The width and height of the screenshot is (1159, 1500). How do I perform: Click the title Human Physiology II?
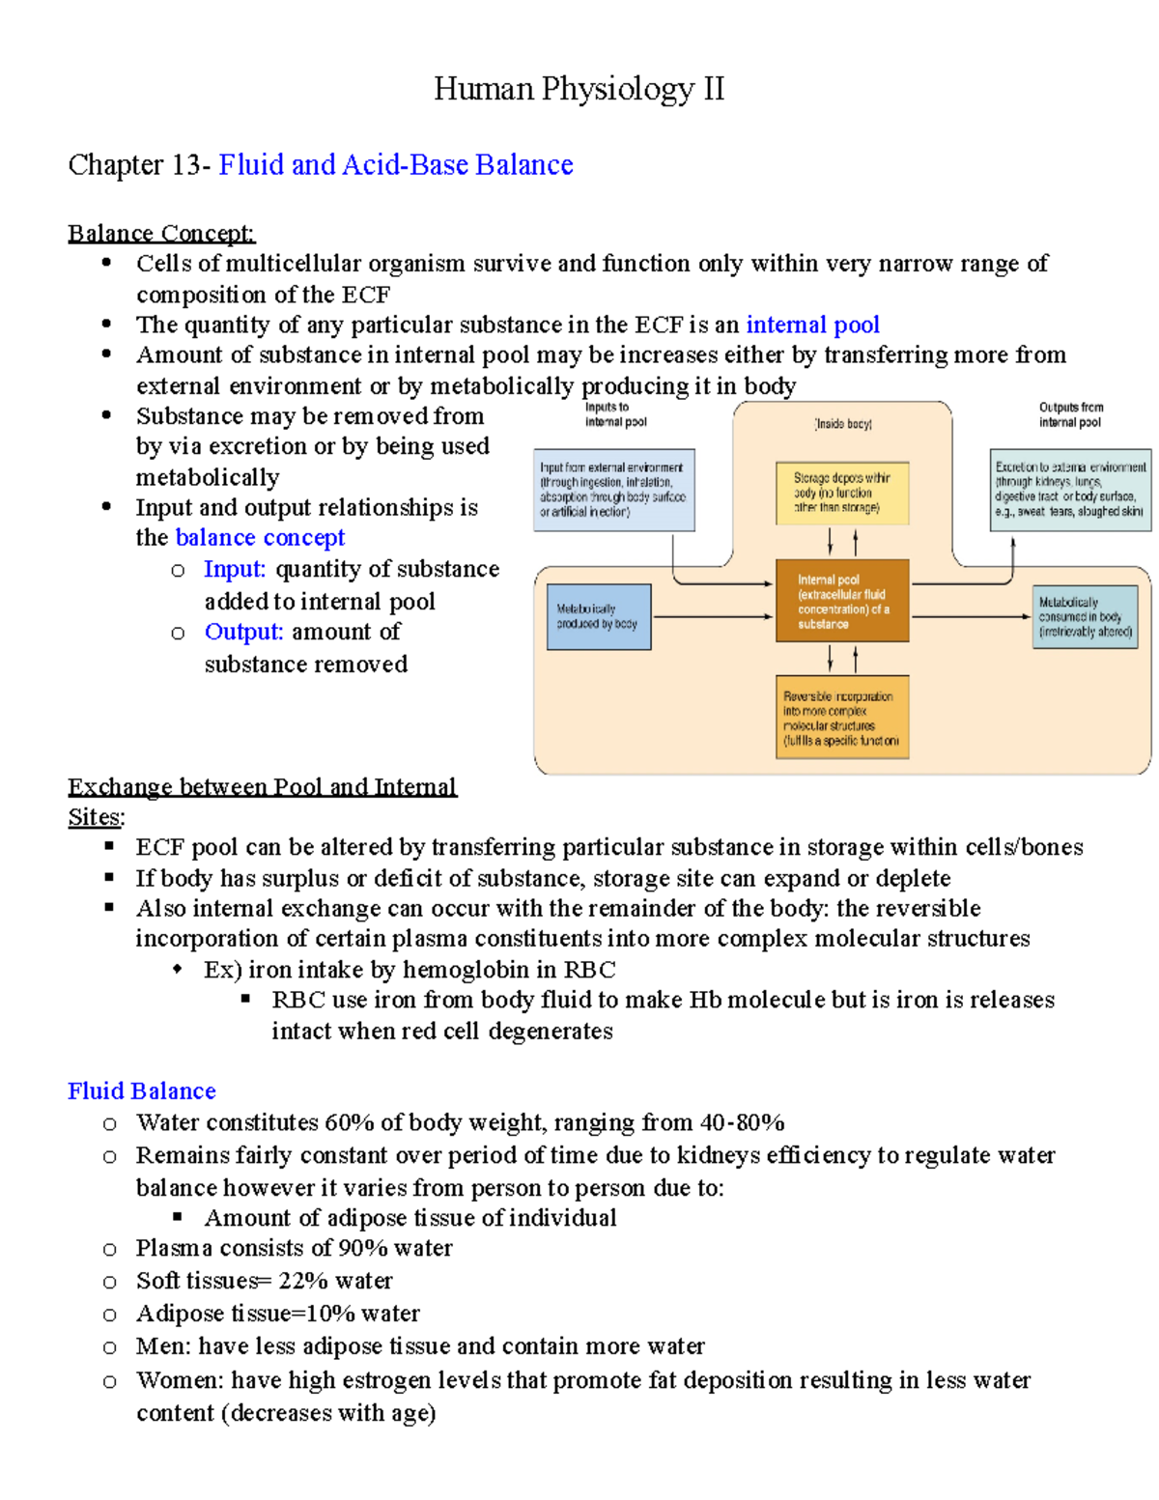pos(579,89)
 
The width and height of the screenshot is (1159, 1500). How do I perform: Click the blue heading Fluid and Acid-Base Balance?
pos(396,165)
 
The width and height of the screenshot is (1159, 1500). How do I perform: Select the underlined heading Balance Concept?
pos(161,234)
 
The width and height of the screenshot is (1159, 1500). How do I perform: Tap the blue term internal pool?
pos(812,325)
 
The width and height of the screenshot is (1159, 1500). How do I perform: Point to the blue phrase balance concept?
pos(260,538)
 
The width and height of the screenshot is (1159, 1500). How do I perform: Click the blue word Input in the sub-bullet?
pos(234,570)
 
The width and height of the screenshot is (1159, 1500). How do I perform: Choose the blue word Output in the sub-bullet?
pos(243,633)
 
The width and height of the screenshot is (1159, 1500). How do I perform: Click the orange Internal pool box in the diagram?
pos(842,601)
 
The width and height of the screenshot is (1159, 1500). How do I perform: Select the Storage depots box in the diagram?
pos(842,493)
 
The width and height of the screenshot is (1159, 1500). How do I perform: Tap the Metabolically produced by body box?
pos(599,616)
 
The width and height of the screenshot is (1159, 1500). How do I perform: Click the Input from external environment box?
pos(613,490)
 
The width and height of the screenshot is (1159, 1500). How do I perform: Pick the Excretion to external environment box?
pos(1070,489)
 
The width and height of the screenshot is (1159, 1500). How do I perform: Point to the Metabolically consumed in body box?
pos(1085,616)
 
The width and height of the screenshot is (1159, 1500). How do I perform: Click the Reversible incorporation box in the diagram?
pos(842,718)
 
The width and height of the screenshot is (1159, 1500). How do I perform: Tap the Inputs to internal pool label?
pos(615,414)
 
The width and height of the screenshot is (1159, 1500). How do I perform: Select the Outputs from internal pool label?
pos(1070,414)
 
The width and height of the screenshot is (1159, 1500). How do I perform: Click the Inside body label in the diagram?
pos(843,424)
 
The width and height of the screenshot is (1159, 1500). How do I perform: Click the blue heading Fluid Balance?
pos(142,1091)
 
